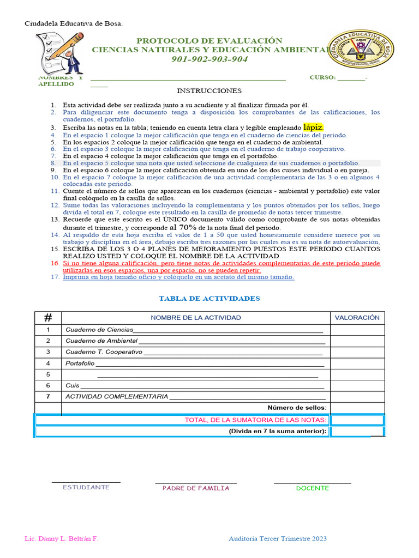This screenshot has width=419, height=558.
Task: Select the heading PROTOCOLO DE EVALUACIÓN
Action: [x=209, y=41]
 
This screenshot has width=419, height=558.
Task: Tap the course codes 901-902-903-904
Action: [x=209, y=59]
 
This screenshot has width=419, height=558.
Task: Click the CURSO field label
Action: [x=322, y=78]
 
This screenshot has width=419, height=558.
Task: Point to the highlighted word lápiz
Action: [x=314, y=127]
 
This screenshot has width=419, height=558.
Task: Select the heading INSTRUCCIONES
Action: [x=209, y=90]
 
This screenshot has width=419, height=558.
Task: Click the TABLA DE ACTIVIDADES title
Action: [x=209, y=299]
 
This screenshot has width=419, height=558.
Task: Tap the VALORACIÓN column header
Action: [x=357, y=318]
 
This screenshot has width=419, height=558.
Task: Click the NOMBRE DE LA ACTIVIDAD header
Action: [x=196, y=318]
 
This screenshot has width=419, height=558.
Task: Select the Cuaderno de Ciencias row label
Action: [x=99, y=330]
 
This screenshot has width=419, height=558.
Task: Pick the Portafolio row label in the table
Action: [x=80, y=363]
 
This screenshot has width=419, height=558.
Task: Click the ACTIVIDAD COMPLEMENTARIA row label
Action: [x=117, y=397]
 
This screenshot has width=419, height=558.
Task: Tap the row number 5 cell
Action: [x=48, y=374]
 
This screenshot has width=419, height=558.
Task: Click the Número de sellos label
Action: [x=297, y=408]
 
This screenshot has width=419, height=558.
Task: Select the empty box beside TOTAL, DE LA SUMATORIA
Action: [x=357, y=420]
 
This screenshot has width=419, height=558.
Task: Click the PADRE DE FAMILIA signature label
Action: [x=195, y=488]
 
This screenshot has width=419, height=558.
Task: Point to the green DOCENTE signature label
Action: [x=312, y=488]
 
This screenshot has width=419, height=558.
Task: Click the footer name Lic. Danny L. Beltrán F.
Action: [x=62, y=538]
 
